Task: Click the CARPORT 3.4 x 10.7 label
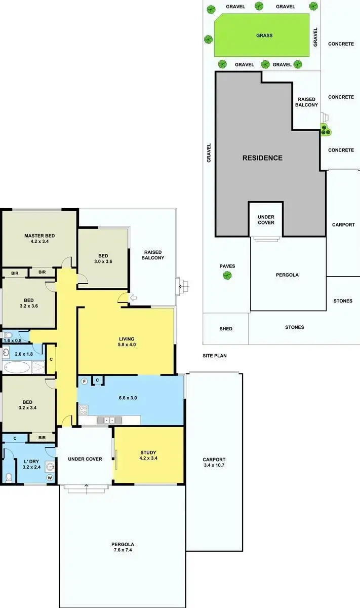[214, 462]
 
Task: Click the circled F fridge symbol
[84, 381]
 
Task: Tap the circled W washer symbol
[50, 477]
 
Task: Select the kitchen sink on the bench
[109, 420]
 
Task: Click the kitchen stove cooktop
[84, 409]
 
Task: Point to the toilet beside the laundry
[9, 477]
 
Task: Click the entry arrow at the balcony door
[133, 297]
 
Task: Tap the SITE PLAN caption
[214, 356]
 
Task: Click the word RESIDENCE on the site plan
[262, 158]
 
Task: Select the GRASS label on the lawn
[264, 35]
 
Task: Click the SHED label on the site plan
[226, 329]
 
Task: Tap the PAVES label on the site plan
[227, 266]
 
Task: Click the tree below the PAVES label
[227, 276]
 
